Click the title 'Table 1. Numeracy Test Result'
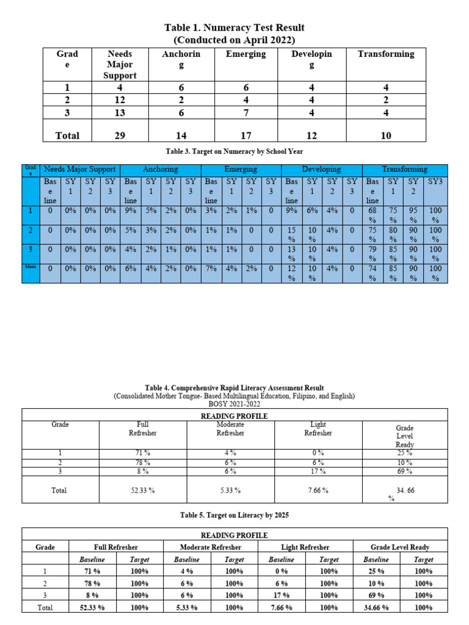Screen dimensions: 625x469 tap(234, 27)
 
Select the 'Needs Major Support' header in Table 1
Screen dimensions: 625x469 tap(120, 64)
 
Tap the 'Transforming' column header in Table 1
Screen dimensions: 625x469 tap(385, 54)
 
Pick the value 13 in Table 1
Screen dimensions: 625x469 tap(120, 112)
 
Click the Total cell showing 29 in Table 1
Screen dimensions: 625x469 tap(120, 135)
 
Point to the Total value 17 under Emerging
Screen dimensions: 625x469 tap(245, 135)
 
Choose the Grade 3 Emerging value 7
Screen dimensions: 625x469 tap(245, 112)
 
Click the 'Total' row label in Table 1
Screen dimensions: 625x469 tap(67, 135)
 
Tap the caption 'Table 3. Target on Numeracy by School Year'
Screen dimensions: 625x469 tap(234, 150)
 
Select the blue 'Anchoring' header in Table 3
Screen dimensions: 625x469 tap(160, 169)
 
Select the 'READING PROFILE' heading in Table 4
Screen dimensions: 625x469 tap(234, 416)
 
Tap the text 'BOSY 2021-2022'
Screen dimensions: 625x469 tap(234, 404)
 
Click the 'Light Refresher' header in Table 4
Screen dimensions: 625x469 tap(318, 428)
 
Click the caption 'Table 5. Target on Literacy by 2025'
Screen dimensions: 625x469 tap(234, 515)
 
